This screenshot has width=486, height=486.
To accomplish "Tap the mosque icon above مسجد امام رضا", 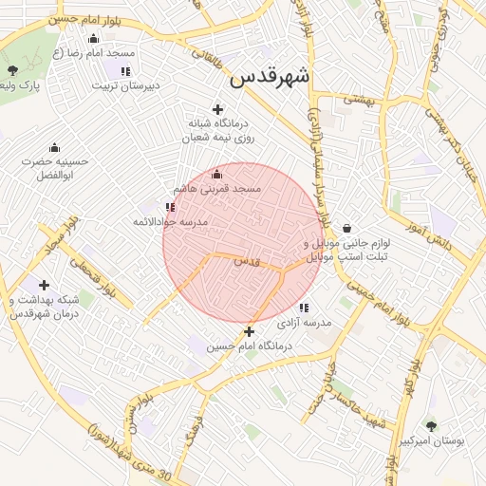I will point(93,39).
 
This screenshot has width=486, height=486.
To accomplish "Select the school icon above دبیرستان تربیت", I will point(125,70).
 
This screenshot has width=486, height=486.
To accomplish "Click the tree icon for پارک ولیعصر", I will point(12,71).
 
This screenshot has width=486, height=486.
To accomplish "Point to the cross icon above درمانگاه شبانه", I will point(218,109).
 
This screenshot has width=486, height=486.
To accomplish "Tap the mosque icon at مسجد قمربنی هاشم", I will point(216,175).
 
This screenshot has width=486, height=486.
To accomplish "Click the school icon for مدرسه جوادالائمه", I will point(170,207).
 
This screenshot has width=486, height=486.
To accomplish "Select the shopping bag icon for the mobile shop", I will point(346,228).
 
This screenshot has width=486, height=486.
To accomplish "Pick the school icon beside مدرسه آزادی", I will point(304,308).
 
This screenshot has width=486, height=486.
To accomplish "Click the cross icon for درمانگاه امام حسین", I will point(249,332).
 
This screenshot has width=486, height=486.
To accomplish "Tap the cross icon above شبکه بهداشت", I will point(44,285).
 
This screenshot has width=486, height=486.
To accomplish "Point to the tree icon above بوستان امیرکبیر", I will point(431,427).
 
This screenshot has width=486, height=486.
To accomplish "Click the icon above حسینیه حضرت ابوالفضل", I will point(54,147).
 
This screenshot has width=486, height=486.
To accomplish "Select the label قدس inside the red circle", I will point(246,260).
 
